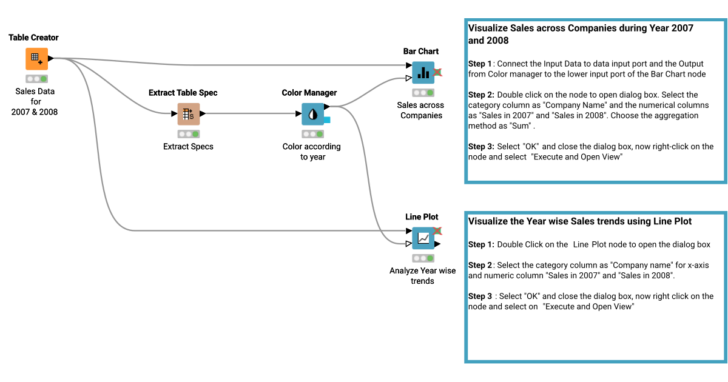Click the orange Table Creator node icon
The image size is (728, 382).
coord(36,59)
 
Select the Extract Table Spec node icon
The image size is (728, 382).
coord(188,113)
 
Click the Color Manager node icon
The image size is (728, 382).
coord(313,113)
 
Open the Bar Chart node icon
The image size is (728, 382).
coord(423,73)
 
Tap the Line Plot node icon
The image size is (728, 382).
coord(423,238)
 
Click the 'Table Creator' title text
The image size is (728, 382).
coord(33,38)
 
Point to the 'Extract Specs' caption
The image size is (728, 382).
coord(188,146)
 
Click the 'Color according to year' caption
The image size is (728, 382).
coord(312,152)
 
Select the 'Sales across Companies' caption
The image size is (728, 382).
coord(421,110)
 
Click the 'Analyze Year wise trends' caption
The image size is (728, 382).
coord(422,276)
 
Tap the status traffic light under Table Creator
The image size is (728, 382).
coord(36,79)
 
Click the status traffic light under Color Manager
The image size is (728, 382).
coord(312,134)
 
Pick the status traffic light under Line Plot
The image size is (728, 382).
coord(423,258)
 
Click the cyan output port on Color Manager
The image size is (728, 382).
coord(327,120)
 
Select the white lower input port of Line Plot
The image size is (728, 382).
coord(408,244)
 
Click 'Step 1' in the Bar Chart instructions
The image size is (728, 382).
coord(480,64)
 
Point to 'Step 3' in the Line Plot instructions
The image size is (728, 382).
coord(480,296)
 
